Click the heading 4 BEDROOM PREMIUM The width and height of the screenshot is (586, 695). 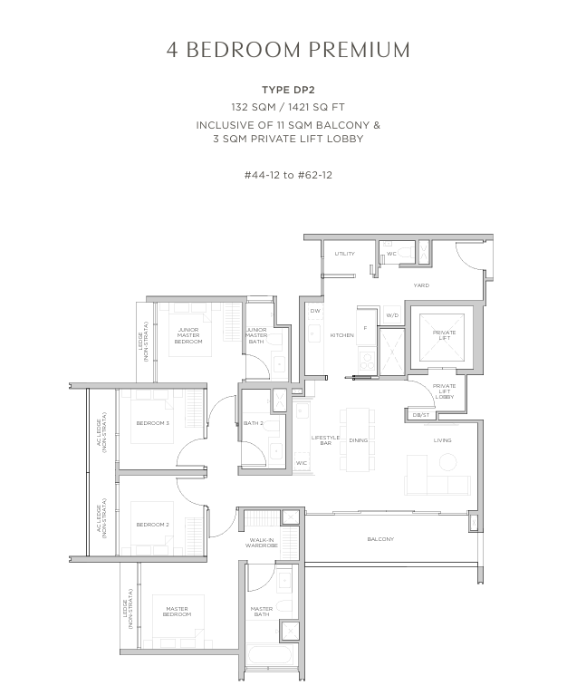288,50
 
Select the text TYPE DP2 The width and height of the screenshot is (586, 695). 288,90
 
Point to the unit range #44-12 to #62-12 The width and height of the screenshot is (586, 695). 288,175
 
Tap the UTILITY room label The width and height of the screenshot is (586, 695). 344,254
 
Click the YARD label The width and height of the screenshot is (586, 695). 421,285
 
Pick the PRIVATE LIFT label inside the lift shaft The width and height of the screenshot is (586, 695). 445,335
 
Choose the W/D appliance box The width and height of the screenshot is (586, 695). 392,315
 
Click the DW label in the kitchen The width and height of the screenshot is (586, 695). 315,311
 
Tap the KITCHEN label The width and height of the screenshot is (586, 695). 342,335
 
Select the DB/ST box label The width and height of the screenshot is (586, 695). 421,415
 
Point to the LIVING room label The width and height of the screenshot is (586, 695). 443,440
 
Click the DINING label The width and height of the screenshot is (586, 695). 359,440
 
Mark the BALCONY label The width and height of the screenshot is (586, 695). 380,539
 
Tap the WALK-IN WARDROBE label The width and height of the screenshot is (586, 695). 262,543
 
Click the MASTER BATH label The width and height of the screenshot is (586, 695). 262,612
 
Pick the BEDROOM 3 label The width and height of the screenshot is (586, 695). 153,423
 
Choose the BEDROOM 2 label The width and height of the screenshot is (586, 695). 153,525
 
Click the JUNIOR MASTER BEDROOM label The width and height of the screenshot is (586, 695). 188,335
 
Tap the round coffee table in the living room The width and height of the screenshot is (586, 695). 447,462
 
